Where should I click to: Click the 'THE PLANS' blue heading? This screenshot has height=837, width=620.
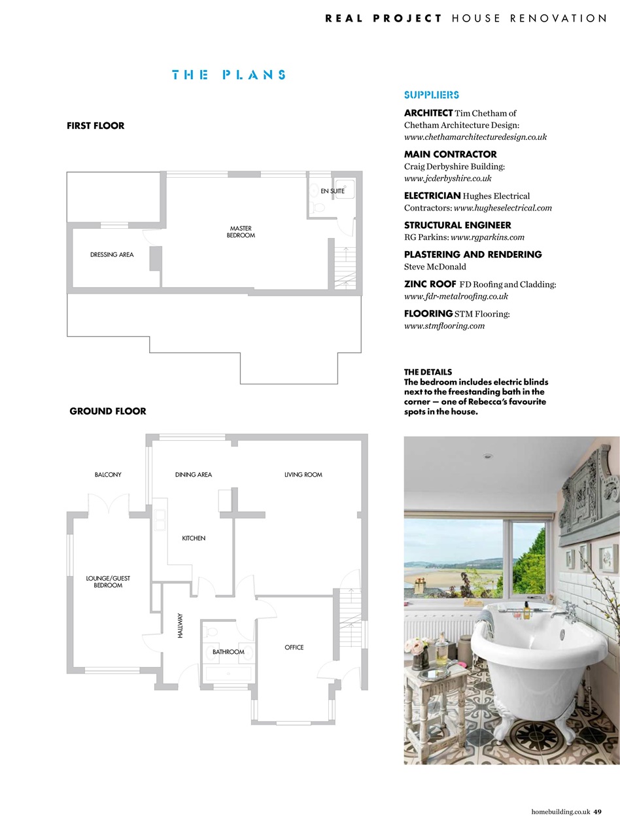228,75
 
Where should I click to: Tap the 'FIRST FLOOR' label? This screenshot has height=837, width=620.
95,126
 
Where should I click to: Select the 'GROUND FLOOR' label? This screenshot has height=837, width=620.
108,411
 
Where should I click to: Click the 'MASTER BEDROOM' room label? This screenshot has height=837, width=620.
241,231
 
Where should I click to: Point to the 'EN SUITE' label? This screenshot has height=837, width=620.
332,191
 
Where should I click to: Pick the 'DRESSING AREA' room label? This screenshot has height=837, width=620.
112,254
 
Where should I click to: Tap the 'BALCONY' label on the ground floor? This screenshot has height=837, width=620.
108,475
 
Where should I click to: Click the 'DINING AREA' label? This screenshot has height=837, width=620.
194,475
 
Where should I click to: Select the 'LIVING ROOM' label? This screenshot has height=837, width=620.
303,475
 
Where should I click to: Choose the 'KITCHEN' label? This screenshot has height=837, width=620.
194,538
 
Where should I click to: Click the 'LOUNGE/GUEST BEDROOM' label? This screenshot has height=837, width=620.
108,582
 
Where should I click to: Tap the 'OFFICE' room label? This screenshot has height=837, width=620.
294,647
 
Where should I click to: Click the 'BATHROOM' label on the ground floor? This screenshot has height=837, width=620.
228,652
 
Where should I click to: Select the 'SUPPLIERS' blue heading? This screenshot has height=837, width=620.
432,95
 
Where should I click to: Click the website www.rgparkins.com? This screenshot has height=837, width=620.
487,237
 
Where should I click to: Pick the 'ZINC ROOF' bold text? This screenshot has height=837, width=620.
430,284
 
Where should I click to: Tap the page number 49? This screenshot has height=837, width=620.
598,812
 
